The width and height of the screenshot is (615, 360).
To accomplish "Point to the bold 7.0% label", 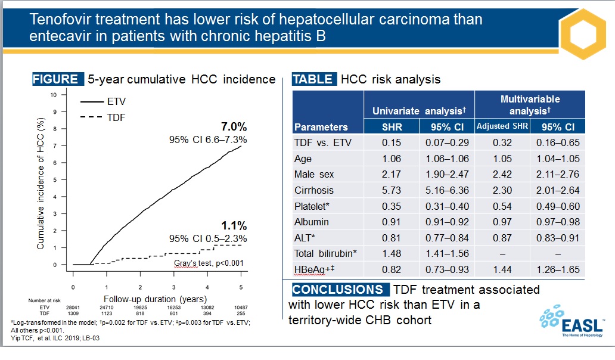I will coord(234,126).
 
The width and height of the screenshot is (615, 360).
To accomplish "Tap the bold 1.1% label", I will coord(234,226).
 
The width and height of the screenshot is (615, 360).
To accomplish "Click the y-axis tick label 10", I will coord(54,95).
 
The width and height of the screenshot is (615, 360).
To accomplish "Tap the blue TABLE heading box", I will coord(314,79).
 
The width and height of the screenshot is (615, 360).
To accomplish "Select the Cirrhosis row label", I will coord(314,191).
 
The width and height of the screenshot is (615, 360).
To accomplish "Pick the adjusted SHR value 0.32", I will coord(502,143).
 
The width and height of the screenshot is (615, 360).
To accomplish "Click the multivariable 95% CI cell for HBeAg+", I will coord(558,269).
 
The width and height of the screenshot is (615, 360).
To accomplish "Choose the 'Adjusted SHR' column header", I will coord(502,127).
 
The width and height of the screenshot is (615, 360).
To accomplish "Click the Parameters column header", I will coord(321,127).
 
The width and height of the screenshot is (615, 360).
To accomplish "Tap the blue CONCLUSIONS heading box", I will coord(338,290).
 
